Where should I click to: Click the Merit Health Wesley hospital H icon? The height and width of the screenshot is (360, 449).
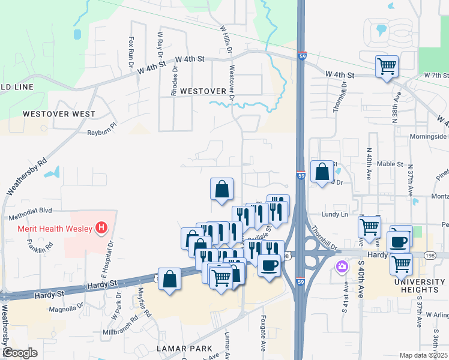pyautogui.click(x=102, y=229)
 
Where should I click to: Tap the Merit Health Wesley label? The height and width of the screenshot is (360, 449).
pyautogui.click(x=52, y=229)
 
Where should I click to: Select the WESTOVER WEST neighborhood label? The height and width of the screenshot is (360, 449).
pyautogui.click(x=59, y=113)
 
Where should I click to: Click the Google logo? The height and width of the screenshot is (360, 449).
pyautogui.click(x=20, y=353)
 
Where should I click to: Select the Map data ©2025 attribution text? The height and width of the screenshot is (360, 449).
pyautogui.click(x=423, y=355)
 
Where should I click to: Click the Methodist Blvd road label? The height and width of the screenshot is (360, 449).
pyautogui.click(x=30, y=211)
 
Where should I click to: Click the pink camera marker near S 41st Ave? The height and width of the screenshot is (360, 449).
pyautogui.click(x=342, y=267)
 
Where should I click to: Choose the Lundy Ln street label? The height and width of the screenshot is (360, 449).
pyautogui.click(x=335, y=214)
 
